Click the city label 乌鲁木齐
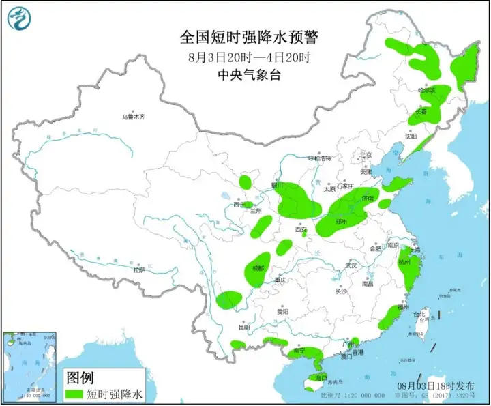click(x=133, y=117)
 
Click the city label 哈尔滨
click(x=426, y=89)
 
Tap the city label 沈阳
click(x=410, y=136)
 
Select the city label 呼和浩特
click(x=318, y=158)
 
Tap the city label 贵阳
click(x=282, y=311)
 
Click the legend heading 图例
click(x=79, y=377)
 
